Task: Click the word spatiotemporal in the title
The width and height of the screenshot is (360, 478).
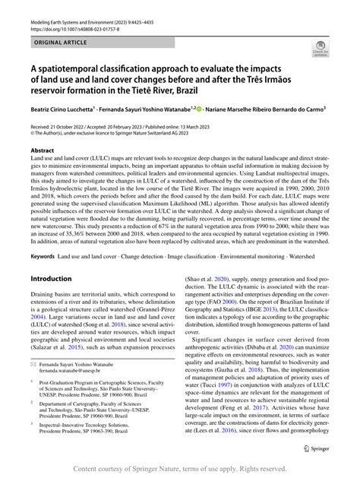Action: pos(71,66)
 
